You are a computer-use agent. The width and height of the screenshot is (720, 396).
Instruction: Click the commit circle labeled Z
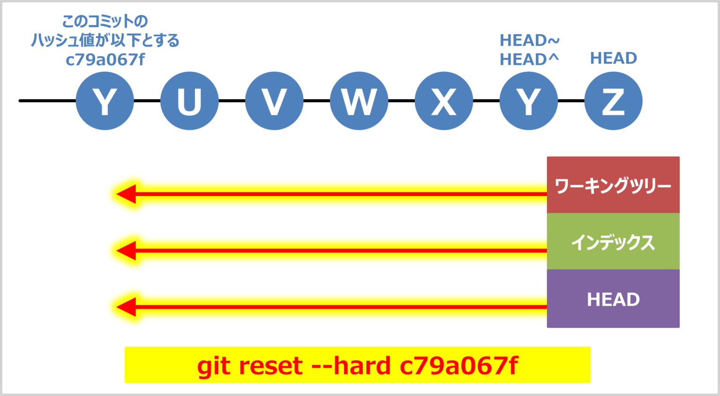tap(613, 101)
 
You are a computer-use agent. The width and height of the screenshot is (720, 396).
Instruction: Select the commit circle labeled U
tap(189, 101)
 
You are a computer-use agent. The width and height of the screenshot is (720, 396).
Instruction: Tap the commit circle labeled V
tap(274, 101)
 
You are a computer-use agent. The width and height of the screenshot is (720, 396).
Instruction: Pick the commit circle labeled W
tap(359, 101)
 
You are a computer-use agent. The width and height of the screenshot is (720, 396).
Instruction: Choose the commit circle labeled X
tap(444, 101)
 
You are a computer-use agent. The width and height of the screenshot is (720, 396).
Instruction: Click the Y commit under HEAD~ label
tap(529, 101)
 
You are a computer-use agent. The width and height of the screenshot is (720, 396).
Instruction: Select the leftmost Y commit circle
tap(105, 101)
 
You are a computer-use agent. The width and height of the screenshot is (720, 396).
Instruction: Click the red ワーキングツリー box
tap(613, 185)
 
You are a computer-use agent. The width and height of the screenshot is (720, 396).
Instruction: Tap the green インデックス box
tap(613, 242)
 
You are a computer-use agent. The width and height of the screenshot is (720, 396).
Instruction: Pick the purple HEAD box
tap(613, 299)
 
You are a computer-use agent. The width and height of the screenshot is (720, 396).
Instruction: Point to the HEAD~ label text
tap(529, 40)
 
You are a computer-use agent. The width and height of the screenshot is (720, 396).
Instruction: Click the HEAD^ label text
tap(529, 60)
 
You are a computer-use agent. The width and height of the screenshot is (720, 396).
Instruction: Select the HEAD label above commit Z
tap(613, 58)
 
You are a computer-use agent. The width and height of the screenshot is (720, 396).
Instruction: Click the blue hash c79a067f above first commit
tap(105, 60)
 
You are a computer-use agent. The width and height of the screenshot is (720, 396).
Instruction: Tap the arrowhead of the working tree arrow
tap(126, 194)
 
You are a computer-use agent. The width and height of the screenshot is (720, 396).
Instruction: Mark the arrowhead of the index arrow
tap(126, 251)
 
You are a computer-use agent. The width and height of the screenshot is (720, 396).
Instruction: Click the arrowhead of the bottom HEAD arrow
tap(126, 307)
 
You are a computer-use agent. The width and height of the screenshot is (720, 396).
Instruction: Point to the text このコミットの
tap(105, 21)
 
